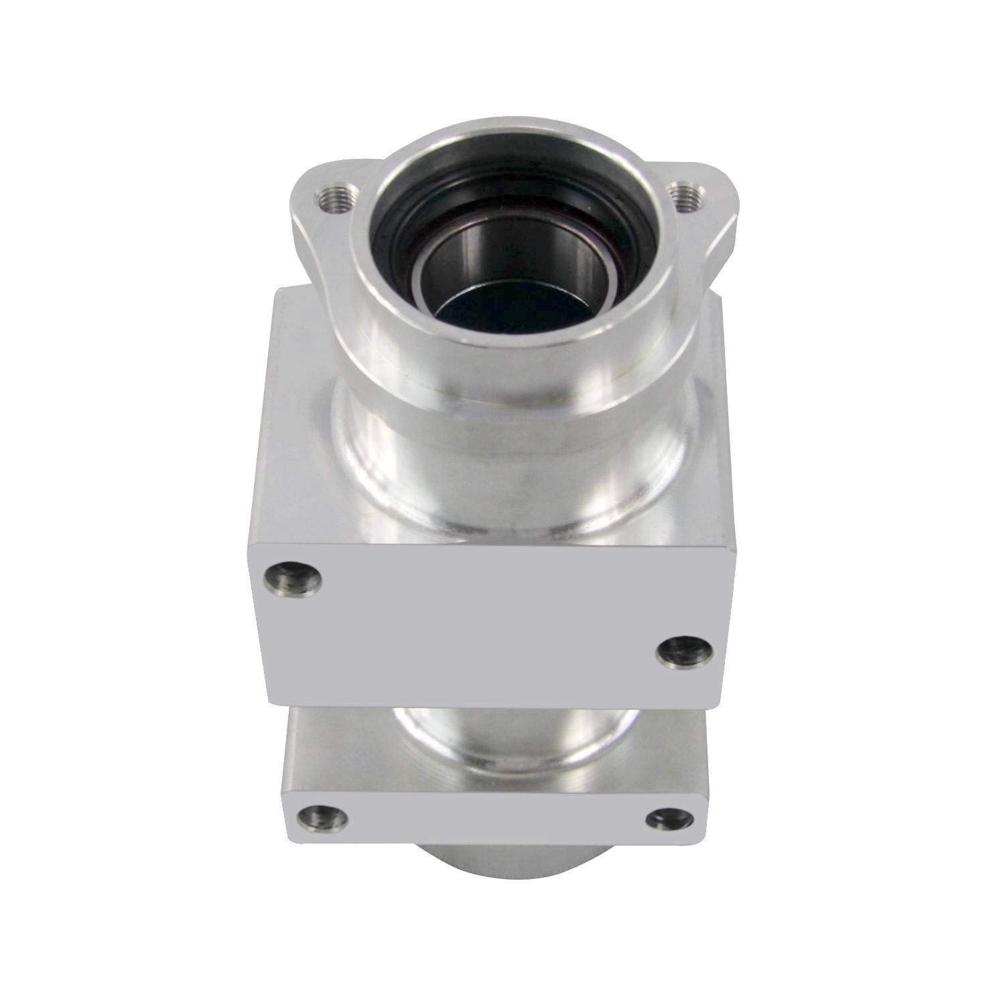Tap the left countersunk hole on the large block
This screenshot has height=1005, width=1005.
point(292,575)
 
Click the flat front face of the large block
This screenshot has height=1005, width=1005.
point(482,616)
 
